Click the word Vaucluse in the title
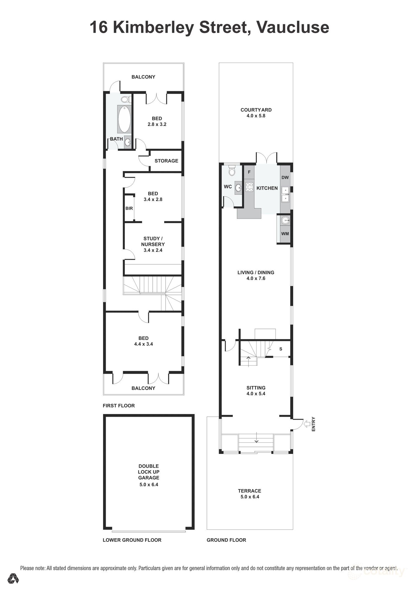click(293, 28)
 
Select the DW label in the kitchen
click(285, 177)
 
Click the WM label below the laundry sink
click(285, 234)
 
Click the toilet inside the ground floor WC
click(232, 171)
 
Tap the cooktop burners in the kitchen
click(249, 187)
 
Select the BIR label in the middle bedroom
click(129, 208)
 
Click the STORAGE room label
click(166, 161)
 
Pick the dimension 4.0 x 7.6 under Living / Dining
click(256, 278)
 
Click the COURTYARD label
click(256, 110)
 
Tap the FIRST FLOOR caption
click(119, 405)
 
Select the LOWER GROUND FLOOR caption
click(132, 540)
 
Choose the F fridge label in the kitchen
click(249, 172)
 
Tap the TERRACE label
click(249, 491)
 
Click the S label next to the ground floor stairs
click(281, 349)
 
